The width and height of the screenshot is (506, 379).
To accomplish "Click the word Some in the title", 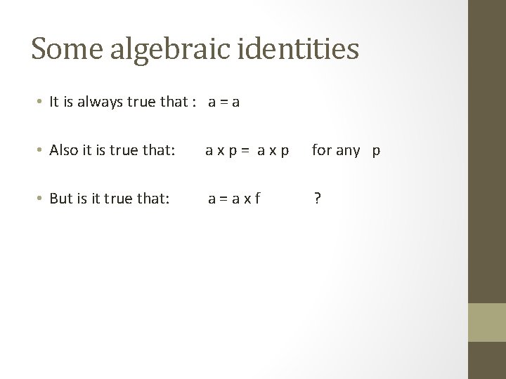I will pyautogui.click(x=61, y=48).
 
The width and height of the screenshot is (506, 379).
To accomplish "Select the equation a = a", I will pyautogui.click(x=223, y=102).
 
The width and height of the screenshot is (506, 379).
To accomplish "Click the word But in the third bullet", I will pyautogui.click(x=62, y=199).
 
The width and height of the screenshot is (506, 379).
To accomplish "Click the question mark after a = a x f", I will pyautogui.click(x=318, y=199).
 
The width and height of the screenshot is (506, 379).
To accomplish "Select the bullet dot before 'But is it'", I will pyautogui.click(x=41, y=199).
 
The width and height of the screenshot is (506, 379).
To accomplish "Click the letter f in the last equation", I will pyautogui.click(x=258, y=199).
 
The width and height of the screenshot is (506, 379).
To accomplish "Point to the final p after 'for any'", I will pyautogui.click(x=376, y=151).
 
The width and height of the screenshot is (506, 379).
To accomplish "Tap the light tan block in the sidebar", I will pyautogui.click(x=487, y=322).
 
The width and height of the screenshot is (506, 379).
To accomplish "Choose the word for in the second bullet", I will pyautogui.click(x=321, y=150).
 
